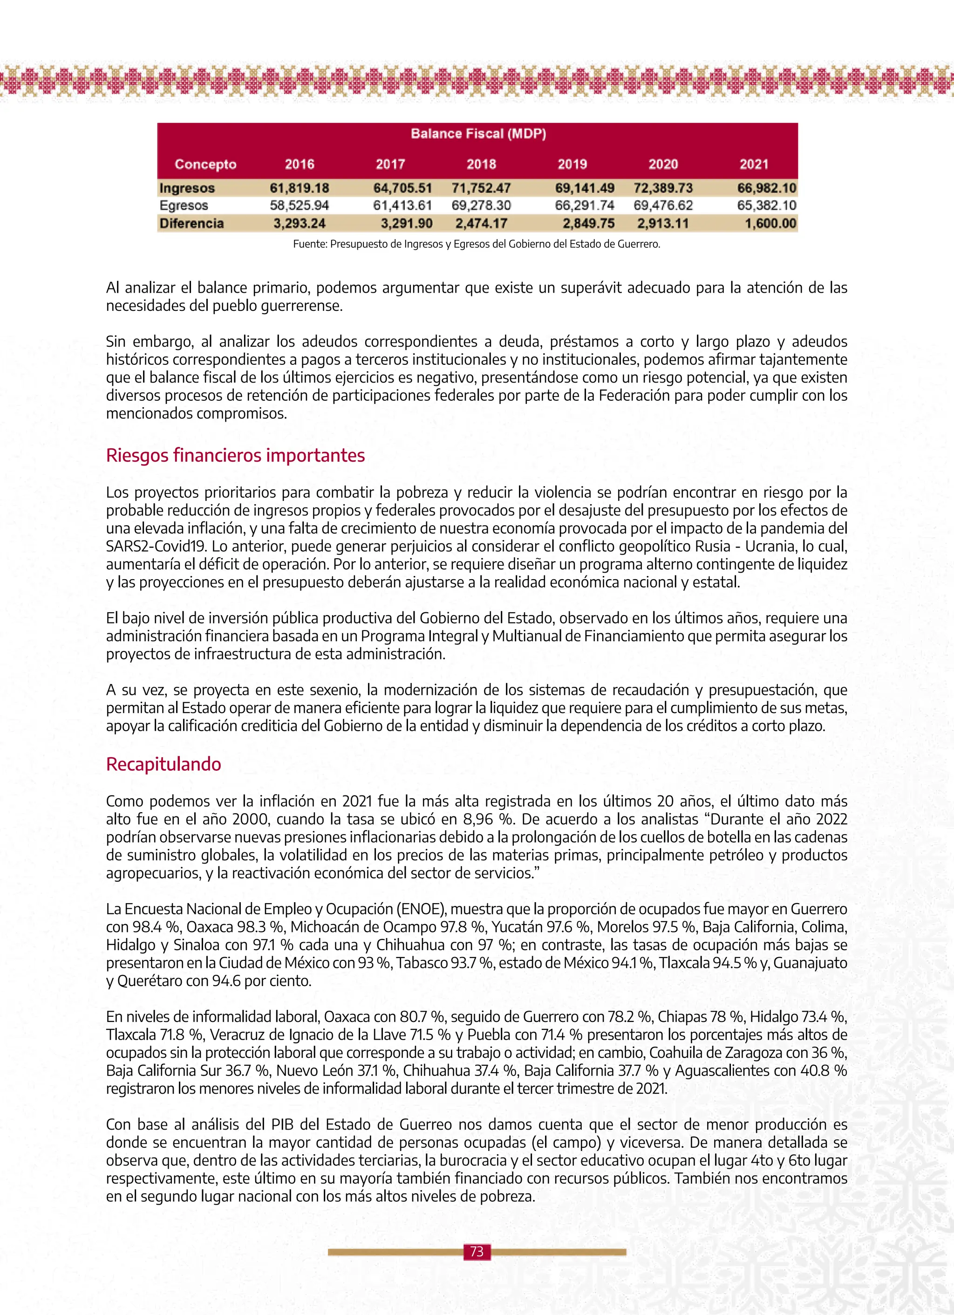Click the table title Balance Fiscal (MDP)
(478, 134)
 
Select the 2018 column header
(481, 164)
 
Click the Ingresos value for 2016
(299, 188)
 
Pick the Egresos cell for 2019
(584, 205)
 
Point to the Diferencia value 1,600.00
(770, 223)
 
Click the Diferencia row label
(191, 223)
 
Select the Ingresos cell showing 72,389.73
(662, 188)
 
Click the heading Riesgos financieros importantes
(235, 455)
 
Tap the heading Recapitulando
(164, 764)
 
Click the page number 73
(477, 1251)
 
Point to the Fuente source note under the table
(477, 244)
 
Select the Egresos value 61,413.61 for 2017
(402, 205)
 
